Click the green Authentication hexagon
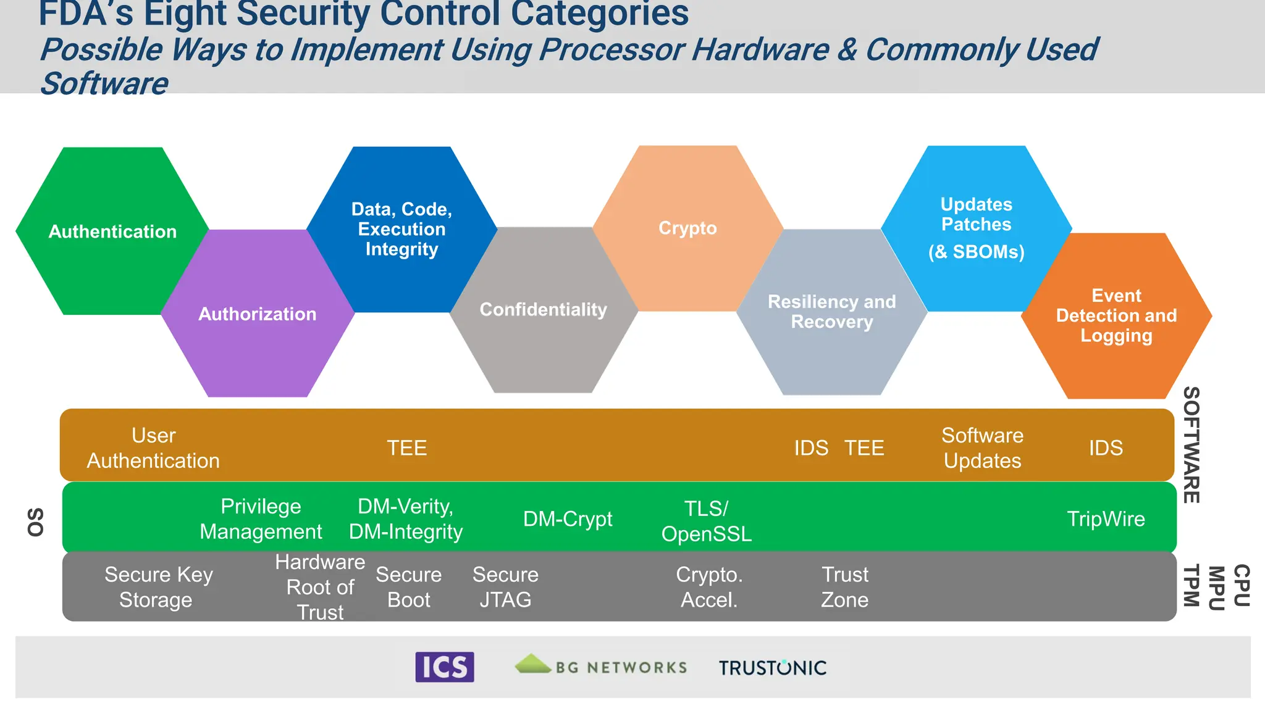coord(112,231)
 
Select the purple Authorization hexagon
coord(258,314)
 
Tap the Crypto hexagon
coord(687,228)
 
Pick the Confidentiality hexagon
coord(544,310)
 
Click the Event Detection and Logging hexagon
coord(1116,315)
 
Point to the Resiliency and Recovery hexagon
coord(831,312)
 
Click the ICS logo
coord(444,667)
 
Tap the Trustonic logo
coord(772,667)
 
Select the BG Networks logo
coord(600,666)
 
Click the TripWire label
coord(1106,518)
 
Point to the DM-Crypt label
coord(568,518)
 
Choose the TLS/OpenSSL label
coord(707,521)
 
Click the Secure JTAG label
coord(505,587)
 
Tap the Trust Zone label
coord(844,587)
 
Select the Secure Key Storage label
coord(158,587)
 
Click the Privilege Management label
coord(261,518)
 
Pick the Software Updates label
coord(982,447)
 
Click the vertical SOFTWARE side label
coord(1191,445)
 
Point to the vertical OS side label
coord(36,522)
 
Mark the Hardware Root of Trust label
coord(320,587)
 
